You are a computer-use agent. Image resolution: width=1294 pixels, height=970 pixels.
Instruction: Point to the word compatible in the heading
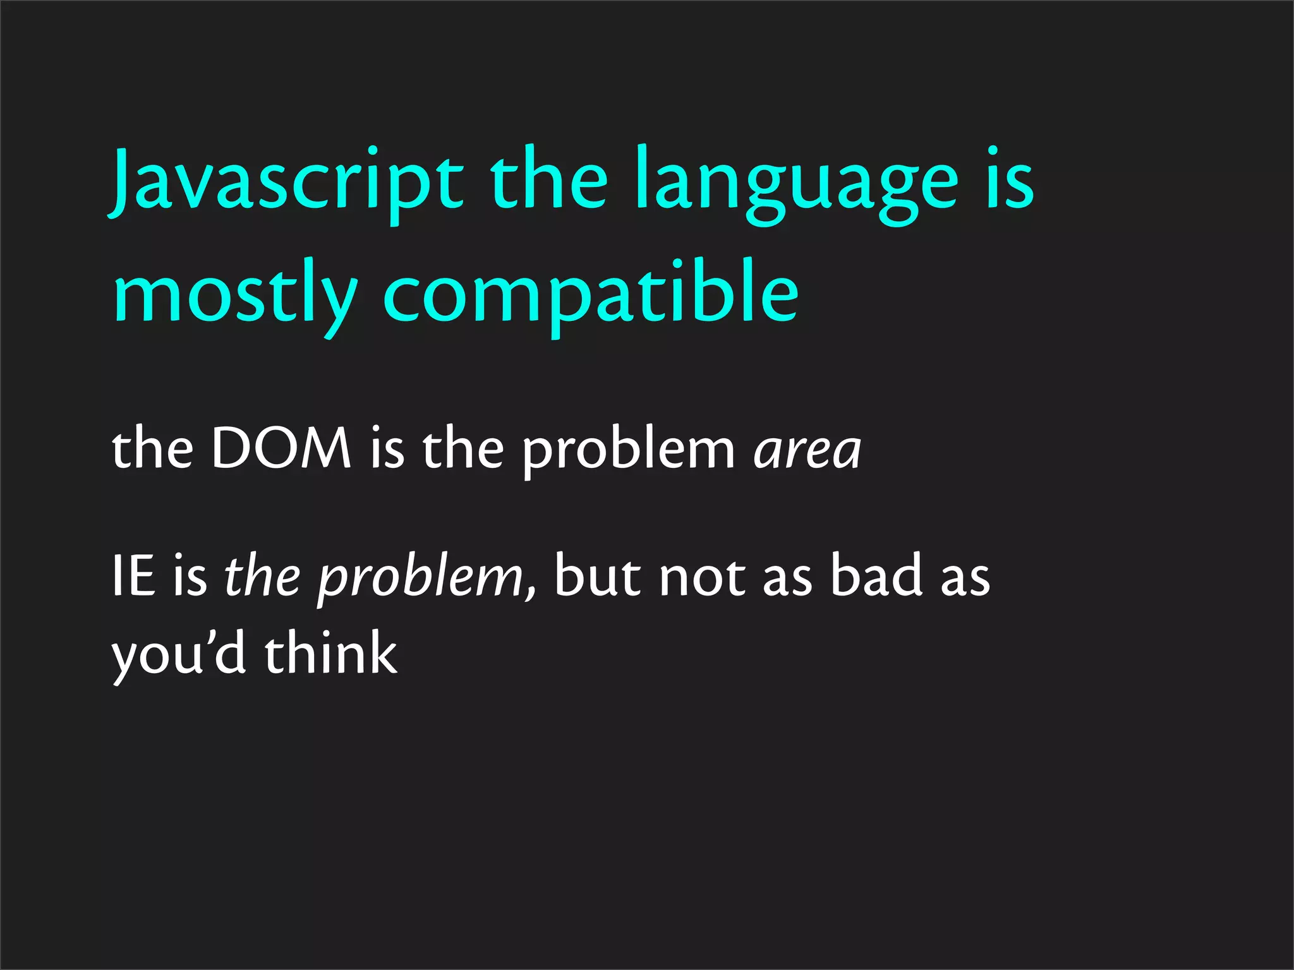[x=591, y=297]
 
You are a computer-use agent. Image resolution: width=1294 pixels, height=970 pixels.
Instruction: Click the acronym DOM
[x=281, y=448]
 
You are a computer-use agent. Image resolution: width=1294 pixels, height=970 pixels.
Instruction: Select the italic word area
[x=807, y=450]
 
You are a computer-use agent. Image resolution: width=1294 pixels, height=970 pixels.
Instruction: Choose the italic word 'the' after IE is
[x=262, y=576]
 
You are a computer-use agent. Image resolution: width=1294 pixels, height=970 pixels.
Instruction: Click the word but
[x=597, y=576]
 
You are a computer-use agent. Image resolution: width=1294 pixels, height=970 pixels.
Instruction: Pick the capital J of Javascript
[x=122, y=180]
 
